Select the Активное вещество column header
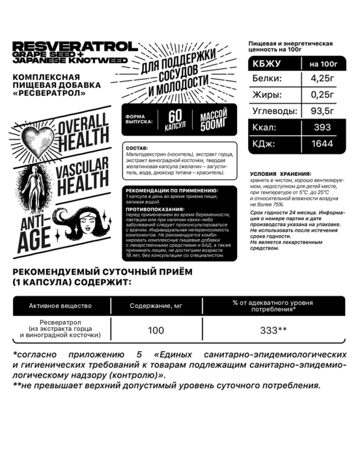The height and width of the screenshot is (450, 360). tap(61, 305)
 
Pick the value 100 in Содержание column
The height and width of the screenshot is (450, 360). tap(156, 331)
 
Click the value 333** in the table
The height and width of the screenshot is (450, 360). tap(273, 331)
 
